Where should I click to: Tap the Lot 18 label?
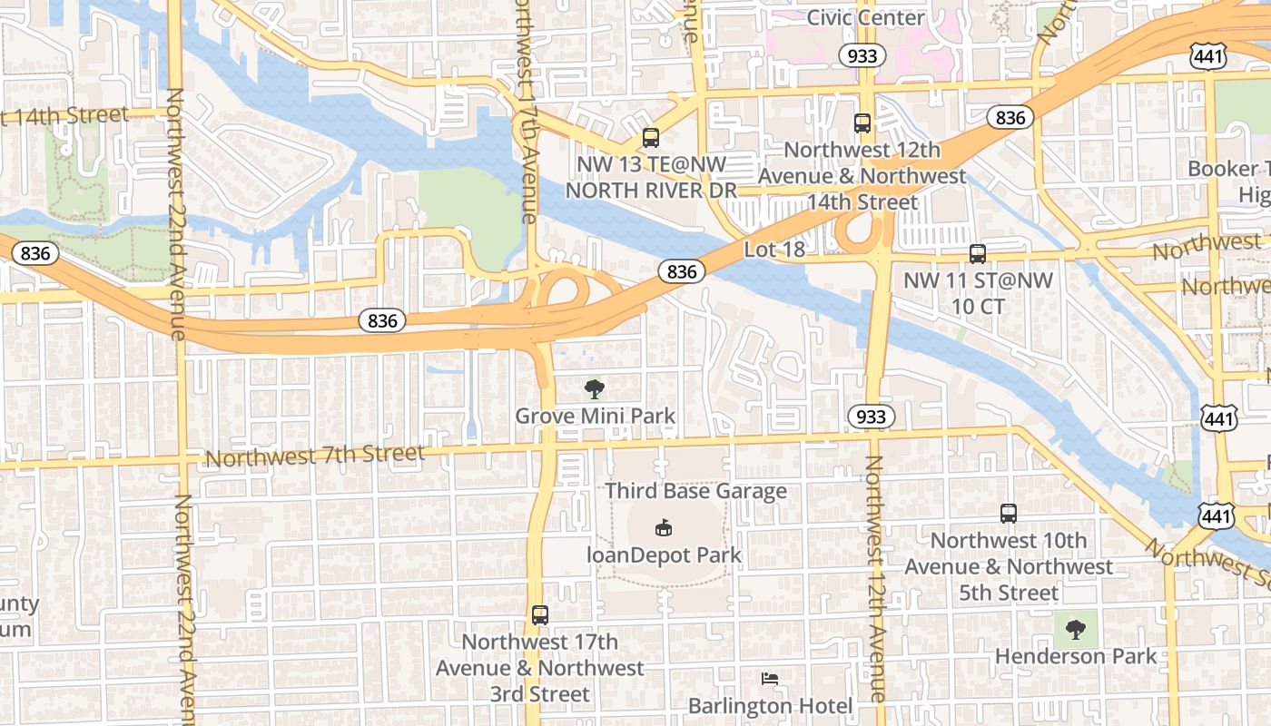click(774, 249)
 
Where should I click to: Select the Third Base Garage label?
click(696, 491)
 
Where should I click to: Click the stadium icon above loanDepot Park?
click(664, 527)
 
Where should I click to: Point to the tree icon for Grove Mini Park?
click(595, 390)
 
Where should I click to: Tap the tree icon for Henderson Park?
click(1076, 629)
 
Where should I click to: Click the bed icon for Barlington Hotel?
click(770, 679)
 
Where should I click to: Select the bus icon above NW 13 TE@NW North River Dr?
click(651, 138)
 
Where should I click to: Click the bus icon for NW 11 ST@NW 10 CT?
click(978, 254)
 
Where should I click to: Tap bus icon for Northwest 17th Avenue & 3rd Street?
click(540, 615)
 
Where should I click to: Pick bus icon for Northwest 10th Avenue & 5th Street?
click(1009, 514)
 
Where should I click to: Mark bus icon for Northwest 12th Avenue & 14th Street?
click(862, 123)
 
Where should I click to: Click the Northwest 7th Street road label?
click(315, 456)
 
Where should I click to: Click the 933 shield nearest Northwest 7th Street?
click(872, 417)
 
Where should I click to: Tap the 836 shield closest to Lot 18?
click(682, 271)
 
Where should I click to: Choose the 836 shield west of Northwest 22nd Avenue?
click(35, 253)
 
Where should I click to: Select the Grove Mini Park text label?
click(596, 417)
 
